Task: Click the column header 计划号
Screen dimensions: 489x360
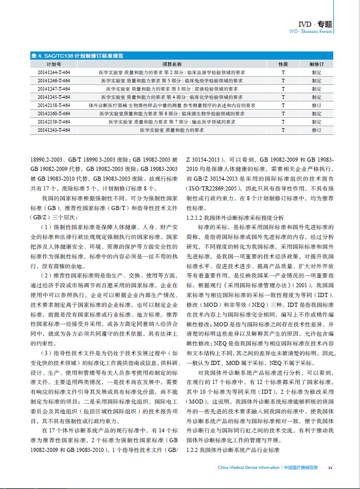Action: [53, 64]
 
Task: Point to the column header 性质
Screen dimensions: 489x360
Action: [283, 64]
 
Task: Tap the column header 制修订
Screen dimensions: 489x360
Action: [316, 64]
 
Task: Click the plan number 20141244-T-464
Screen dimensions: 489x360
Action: [53, 73]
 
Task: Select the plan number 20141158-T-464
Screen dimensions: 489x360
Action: [53, 106]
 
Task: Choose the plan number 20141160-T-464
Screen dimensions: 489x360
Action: [53, 114]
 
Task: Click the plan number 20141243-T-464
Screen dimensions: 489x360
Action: [53, 130]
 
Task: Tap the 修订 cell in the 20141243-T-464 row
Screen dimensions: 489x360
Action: [316, 130]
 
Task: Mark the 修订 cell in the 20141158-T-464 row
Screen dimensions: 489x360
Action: [316, 106]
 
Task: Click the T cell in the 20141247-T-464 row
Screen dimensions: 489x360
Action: [283, 89]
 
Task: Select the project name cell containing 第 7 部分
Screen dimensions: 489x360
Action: [172, 122]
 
